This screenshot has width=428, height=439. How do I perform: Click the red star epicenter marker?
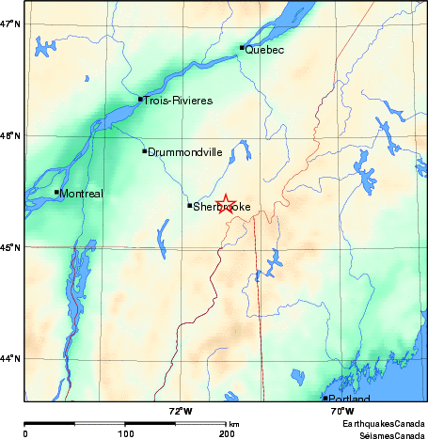(x=226, y=203)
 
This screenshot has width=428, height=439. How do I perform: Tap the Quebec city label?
(x=264, y=50)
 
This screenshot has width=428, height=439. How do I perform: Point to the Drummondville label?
(x=185, y=151)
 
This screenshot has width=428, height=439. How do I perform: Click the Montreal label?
(x=82, y=194)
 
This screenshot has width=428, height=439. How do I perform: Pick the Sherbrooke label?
(x=221, y=207)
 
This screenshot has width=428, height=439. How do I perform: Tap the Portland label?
(x=350, y=400)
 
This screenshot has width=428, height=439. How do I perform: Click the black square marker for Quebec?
(x=242, y=47)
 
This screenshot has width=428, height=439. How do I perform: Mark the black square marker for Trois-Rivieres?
(x=140, y=99)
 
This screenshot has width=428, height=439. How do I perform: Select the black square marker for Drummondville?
(x=144, y=150)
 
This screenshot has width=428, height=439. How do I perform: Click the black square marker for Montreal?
(x=56, y=192)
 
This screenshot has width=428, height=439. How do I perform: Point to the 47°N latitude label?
(x=10, y=24)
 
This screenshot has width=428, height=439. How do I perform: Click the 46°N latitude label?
(x=10, y=136)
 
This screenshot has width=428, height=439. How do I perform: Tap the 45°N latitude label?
(x=10, y=247)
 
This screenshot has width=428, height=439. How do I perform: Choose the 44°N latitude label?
(x=10, y=358)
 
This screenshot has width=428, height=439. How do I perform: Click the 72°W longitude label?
(x=181, y=411)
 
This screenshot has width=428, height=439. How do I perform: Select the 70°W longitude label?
(x=342, y=411)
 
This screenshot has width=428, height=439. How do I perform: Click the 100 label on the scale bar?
(x=126, y=433)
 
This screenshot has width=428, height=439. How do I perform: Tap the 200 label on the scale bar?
(x=227, y=433)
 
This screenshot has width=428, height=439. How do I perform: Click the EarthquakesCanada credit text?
(x=384, y=425)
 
